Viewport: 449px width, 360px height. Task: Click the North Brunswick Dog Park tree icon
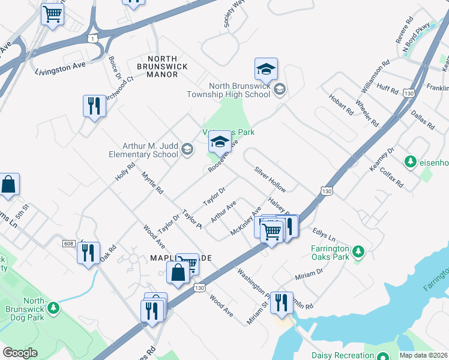tap(54, 308)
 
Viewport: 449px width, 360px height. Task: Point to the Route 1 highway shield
tap(92, 38)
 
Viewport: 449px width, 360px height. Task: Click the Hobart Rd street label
tap(341, 104)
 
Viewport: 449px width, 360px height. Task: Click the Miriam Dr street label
tap(309, 275)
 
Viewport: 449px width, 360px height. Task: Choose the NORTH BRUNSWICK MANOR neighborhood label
tap(162, 70)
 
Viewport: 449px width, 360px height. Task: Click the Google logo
tap(20, 353)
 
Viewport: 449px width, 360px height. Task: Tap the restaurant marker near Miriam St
tap(281, 303)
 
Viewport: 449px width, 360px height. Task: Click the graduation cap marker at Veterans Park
tap(220, 142)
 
